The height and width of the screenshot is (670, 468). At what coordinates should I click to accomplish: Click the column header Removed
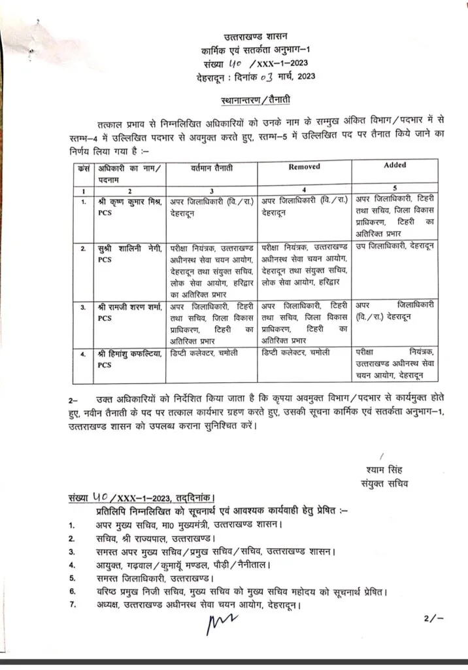(x=305, y=167)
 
